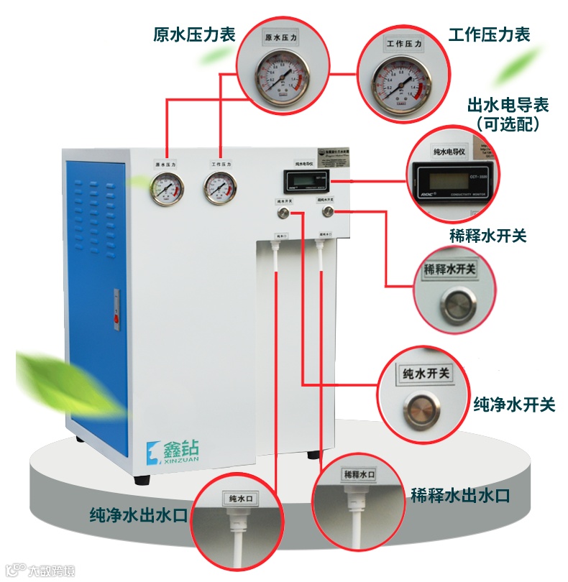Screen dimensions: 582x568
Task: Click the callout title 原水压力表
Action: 194,34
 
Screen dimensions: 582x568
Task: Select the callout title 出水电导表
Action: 508,105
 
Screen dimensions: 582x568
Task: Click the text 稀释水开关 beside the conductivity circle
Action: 487,236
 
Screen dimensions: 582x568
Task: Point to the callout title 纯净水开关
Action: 514,405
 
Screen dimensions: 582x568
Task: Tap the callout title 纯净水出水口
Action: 138,515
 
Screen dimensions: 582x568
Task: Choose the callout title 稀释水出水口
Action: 460,495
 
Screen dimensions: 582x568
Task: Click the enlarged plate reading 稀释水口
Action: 359,475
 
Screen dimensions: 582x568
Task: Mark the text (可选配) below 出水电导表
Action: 508,124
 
